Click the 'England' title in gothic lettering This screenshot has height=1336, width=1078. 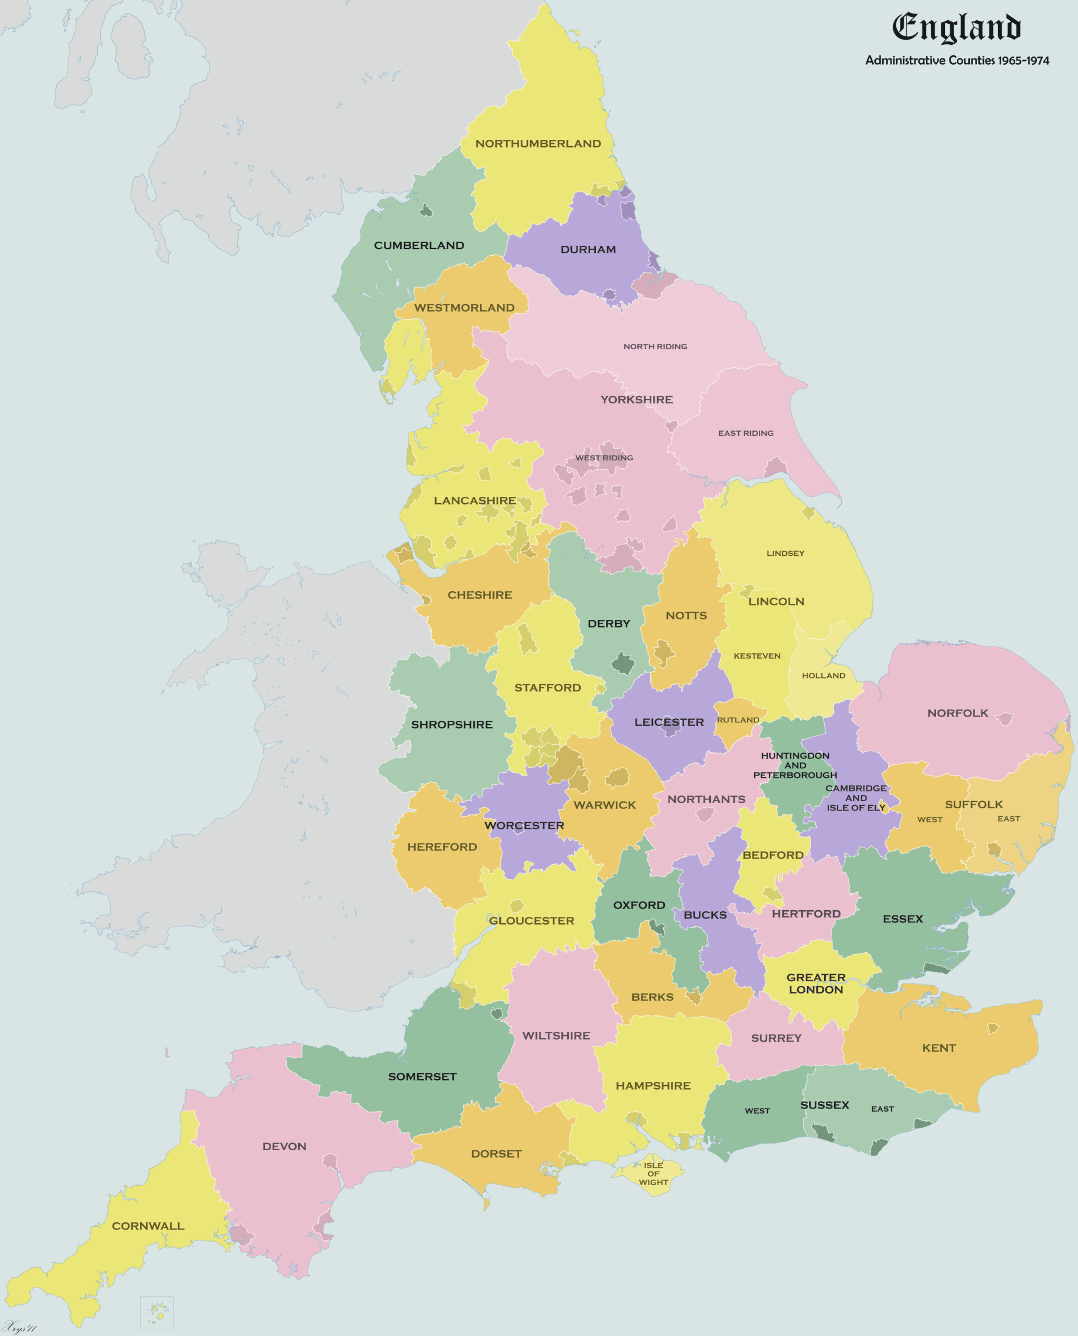click(x=956, y=28)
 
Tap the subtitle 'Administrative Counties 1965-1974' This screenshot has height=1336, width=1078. click(x=957, y=60)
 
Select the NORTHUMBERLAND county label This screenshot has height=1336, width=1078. click(x=538, y=144)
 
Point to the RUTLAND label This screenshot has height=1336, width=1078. click(x=737, y=720)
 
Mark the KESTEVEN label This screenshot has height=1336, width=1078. click(x=756, y=655)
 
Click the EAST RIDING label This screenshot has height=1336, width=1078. click(x=745, y=433)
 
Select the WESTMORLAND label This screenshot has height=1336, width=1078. click(x=464, y=308)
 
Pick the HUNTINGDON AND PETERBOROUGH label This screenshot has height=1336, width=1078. click(x=795, y=765)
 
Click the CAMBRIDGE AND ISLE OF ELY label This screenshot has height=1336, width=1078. click(x=856, y=797)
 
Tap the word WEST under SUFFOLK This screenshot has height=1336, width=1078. click(x=929, y=819)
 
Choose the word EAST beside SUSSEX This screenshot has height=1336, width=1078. click(x=882, y=1108)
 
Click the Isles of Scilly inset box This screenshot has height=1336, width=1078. click(x=157, y=1313)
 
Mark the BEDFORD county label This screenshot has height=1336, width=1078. click(x=772, y=854)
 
